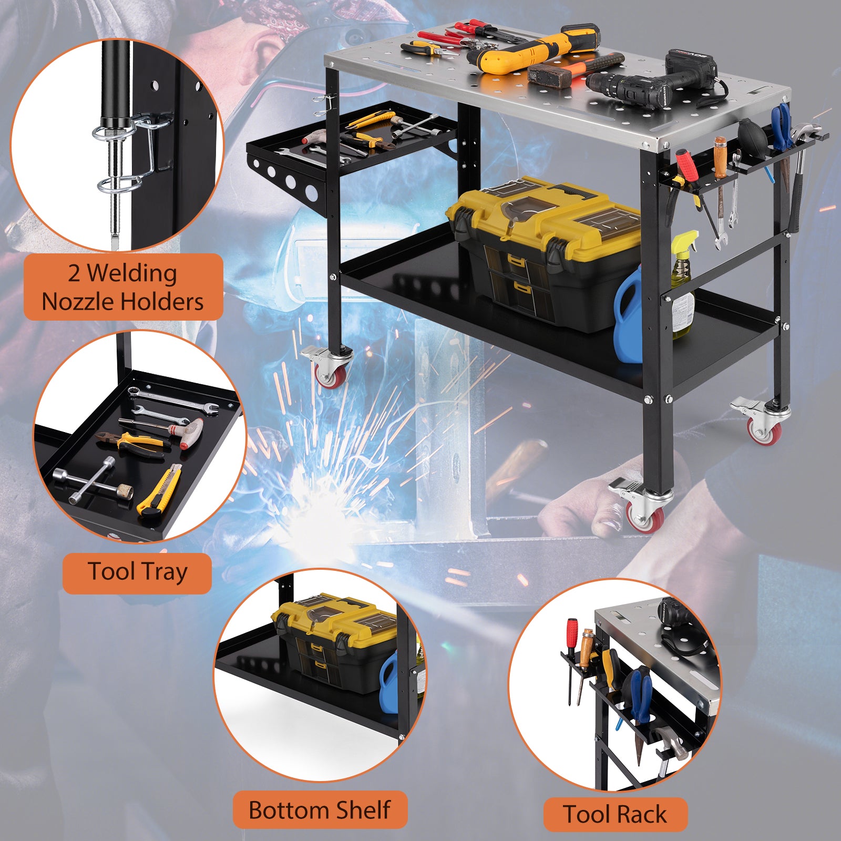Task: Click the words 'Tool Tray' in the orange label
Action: (x=137, y=572)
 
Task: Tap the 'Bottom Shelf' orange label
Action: (x=320, y=809)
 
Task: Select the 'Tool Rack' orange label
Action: (x=616, y=814)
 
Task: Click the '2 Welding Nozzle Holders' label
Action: (x=123, y=287)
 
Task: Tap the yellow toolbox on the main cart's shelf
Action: (x=544, y=252)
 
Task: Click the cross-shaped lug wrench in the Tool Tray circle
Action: (x=95, y=480)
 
